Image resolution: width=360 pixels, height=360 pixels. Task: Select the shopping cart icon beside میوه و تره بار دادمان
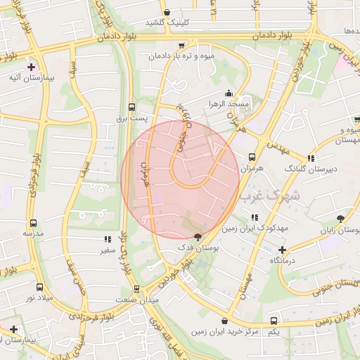pyautogui.click(x=182, y=46)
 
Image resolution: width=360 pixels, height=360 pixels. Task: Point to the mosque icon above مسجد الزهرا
pyautogui.click(x=228, y=93)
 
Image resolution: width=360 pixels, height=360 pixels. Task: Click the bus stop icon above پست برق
pyautogui.click(x=131, y=108)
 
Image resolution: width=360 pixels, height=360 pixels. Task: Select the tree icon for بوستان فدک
pyautogui.click(x=198, y=236)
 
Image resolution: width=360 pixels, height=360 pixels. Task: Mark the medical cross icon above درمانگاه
pyautogui.click(x=282, y=250)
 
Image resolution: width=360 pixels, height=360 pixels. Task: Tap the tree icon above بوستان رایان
pyautogui.click(x=341, y=219)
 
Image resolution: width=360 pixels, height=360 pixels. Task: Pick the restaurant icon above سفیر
pyautogui.click(x=108, y=239)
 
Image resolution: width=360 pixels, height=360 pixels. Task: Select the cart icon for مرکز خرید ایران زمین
pyautogui.click(x=224, y=321)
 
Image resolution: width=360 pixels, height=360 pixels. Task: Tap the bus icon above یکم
pyautogui.click(x=274, y=321)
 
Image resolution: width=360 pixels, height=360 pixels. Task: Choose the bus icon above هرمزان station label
pyautogui.click(x=252, y=157)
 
